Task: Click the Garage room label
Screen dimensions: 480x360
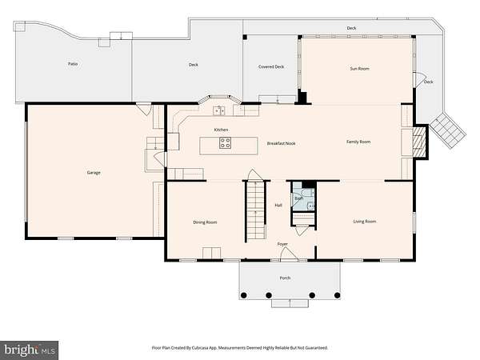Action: pyautogui.click(x=94, y=173)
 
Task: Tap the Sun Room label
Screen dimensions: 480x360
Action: pyautogui.click(x=360, y=69)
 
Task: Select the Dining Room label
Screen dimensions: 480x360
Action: pyautogui.click(x=205, y=222)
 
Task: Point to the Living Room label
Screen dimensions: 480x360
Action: pyautogui.click(x=365, y=222)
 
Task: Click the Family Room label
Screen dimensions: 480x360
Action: pyautogui.click(x=358, y=142)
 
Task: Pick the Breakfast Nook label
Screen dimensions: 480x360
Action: pyautogui.click(x=282, y=143)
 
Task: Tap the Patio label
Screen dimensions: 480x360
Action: pyautogui.click(x=73, y=64)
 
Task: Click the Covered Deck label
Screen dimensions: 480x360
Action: pyautogui.click(x=271, y=66)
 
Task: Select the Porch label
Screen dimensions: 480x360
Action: pyautogui.click(x=285, y=278)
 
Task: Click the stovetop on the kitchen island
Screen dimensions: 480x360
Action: pyautogui.click(x=225, y=143)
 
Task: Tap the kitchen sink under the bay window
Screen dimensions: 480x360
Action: pyautogui.click(x=219, y=110)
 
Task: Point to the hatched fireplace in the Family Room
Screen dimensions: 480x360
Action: pyautogui.click(x=419, y=142)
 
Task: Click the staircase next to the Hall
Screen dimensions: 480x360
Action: pyautogui.click(x=256, y=210)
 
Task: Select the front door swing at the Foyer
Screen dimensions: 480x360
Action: pyautogui.click(x=289, y=254)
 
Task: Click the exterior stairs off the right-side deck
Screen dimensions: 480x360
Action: pyautogui.click(x=448, y=130)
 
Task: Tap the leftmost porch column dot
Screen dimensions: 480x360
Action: pyautogui.click(x=244, y=295)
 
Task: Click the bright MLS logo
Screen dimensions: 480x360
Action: pyautogui.click(x=30, y=350)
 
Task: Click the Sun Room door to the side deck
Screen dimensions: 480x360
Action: pyautogui.click(x=418, y=79)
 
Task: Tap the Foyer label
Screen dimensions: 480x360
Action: pyautogui.click(x=282, y=244)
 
